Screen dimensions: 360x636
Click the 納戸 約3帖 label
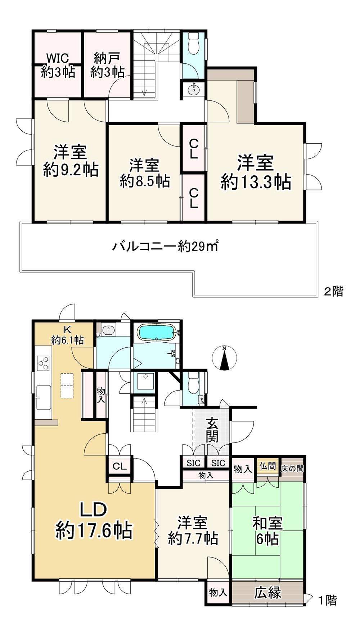(x=107, y=66)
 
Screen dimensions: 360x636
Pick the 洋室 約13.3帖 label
(x=256, y=172)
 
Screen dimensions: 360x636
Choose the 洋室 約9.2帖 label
(x=71, y=160)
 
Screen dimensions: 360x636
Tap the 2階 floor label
(x=333, y=291)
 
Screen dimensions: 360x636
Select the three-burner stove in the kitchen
(x=43, y=363)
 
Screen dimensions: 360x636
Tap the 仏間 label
(x=267, y=466)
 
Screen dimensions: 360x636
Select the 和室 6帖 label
(x=267, y=531)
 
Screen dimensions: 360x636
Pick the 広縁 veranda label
(x=268, y=592)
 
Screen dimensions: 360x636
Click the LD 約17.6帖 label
(x=94, y=520)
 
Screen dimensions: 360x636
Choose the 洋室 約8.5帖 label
(x=145, y=173)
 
